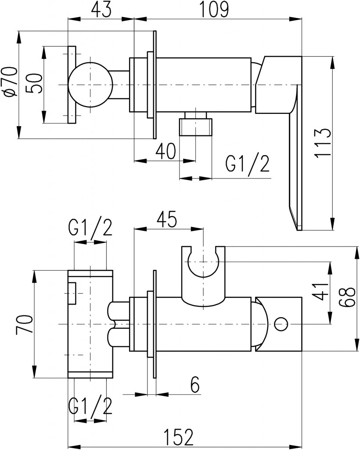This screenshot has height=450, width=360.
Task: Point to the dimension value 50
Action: tap(34, 83)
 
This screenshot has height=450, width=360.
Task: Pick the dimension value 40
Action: tap(165, 151)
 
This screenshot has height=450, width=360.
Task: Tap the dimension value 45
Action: tap(167, 220)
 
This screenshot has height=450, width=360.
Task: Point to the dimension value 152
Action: tap(180, 437)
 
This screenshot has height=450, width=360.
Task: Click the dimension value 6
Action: tap(195, 385)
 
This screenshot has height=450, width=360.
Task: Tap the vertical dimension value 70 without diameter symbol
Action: tap(23, 325)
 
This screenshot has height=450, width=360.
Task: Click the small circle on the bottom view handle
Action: tap(281, 324)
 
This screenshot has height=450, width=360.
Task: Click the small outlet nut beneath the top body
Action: tap(196, 123)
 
